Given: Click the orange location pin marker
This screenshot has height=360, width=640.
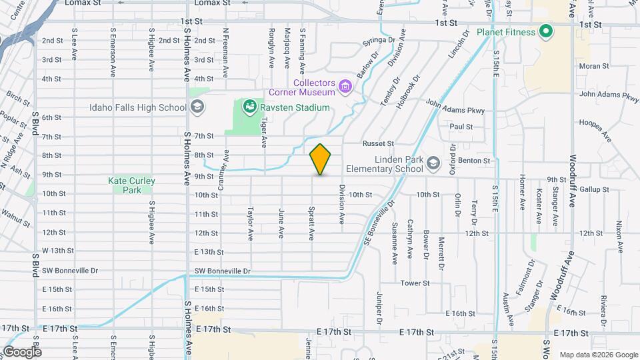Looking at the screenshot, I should coord(321,159).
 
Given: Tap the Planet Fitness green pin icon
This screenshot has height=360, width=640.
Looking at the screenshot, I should coord(545,31).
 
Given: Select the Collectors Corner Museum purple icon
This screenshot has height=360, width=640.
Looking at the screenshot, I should coord(345,85).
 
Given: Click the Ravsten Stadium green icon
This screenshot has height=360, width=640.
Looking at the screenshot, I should coord(249,107).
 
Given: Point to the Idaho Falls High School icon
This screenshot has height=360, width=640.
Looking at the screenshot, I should coord(197,107).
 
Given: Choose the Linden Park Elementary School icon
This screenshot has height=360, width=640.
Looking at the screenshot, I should coord(433,163).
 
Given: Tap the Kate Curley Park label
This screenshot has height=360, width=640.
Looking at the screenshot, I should coord(131,185).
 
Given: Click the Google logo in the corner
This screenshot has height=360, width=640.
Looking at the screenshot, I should coord(21,351).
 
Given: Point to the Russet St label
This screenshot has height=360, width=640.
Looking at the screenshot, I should coord(378,143).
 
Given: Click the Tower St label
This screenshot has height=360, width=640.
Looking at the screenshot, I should coord(415,283).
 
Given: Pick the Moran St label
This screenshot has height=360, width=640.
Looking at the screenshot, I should coord(594,66).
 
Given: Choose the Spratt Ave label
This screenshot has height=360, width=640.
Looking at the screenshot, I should coord(311,223).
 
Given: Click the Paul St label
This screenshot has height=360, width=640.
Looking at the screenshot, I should coord(461,127).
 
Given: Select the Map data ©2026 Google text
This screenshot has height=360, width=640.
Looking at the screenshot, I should coord(597,354).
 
